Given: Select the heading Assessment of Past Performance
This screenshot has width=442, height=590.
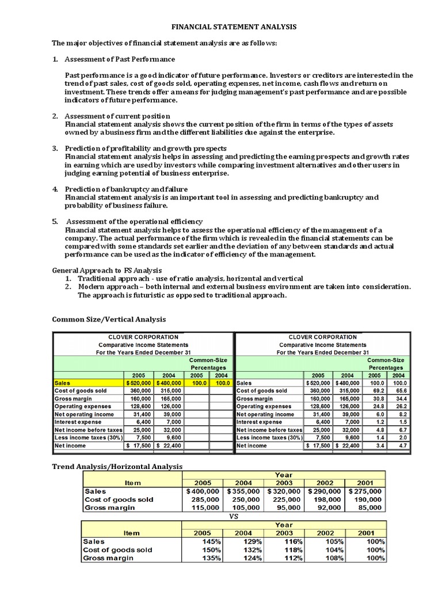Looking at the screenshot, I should point(120,59).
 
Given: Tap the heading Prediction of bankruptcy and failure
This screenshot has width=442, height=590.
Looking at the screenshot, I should point(126,189).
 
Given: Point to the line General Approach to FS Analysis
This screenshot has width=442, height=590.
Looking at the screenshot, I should point(108,270).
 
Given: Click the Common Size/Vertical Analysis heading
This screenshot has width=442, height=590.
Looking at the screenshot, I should point(109,319).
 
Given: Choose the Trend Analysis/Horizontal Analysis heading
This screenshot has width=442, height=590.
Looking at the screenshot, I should point(117,466).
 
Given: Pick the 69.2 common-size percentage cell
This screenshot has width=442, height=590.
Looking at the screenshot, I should point(378,390).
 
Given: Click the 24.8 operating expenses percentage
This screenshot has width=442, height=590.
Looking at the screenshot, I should point(378,406).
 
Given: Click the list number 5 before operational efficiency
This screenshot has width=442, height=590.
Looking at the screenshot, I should point(55,221).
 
